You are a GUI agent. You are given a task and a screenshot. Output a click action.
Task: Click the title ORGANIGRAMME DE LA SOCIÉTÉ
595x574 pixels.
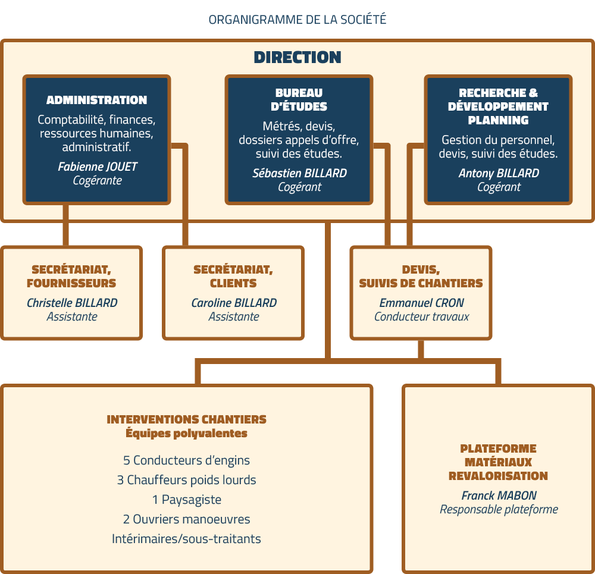tap(297, 20)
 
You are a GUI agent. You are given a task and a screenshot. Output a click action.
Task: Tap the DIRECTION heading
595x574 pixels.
tap(297, 57)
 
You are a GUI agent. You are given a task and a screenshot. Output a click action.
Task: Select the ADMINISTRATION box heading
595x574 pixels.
tap(97, 100)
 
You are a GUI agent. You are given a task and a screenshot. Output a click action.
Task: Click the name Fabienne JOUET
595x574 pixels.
tap(97, 167)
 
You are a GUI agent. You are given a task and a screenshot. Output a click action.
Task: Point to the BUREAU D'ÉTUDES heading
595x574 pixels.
tap(299, 99)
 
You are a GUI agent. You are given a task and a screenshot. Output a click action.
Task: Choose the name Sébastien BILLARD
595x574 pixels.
tap(299, 173)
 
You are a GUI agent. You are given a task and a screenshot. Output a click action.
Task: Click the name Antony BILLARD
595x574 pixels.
tap(499, 173)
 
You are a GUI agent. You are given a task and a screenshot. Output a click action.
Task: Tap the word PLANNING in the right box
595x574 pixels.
tap(498, 120)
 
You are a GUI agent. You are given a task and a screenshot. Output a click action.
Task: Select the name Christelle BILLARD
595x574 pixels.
tap(72, 303)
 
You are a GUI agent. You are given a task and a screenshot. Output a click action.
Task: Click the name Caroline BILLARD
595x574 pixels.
tap(234, 303)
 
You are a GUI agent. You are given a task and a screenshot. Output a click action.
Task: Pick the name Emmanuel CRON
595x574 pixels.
tap(422, 303)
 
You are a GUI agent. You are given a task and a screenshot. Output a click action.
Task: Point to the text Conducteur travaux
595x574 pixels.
tap(422, 316)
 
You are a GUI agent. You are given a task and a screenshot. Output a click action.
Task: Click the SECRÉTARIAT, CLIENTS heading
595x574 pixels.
tap(233, 276)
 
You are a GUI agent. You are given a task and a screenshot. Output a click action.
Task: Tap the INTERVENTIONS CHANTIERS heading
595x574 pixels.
tap(186, 419)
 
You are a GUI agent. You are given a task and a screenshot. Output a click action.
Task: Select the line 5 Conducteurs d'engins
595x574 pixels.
tap(186, 460)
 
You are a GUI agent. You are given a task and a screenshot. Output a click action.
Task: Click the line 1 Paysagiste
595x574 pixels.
tap(186, 500)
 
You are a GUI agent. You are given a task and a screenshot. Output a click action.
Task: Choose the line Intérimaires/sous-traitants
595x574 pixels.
tap(186, 539)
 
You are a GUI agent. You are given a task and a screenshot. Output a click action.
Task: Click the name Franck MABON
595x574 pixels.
tap(499, 495)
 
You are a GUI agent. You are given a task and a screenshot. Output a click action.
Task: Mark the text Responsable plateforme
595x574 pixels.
tap(499, 509)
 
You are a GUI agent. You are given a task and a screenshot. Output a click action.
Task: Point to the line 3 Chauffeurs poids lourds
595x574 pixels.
tap(186, 480)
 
